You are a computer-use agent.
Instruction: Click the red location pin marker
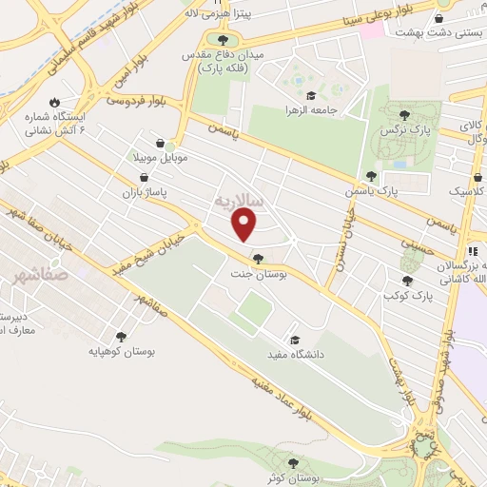pos(245,224)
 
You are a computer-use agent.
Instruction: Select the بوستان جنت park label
pos(259,274)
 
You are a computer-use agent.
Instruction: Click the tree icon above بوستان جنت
pos(258,257)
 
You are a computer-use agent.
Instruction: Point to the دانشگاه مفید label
pos(295,355)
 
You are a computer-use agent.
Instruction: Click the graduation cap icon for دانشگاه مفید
pos(295,340)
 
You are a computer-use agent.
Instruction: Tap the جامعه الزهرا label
pos(312,109)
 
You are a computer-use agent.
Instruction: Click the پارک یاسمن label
pos(372,191)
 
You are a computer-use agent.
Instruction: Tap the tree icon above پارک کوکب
pos(408,280)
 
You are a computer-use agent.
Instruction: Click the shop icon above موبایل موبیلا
pos(171,140)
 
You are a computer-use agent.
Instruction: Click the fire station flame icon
pos(55,102)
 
